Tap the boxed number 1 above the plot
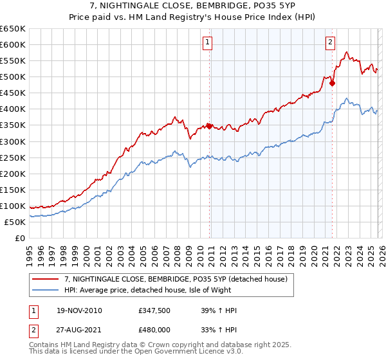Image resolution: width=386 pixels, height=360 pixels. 208,43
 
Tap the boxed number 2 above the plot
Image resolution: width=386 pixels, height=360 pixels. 330,43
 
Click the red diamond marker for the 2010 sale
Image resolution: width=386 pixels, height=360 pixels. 210,126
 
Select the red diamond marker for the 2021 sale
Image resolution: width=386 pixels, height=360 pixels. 332,83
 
